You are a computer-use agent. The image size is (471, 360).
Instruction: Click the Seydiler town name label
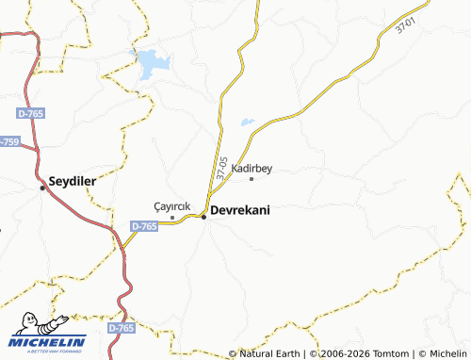pos(73,179)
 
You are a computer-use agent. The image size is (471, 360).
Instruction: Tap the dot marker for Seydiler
pos(42,188)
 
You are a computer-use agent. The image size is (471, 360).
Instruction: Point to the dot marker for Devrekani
pos(203,218)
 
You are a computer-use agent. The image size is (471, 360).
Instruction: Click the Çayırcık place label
pos(172,206)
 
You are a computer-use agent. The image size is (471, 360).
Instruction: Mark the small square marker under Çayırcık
pos(172,218)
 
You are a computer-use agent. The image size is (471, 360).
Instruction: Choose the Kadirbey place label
pos(252,168)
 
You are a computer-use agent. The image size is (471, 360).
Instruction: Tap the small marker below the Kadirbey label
pos(252,178)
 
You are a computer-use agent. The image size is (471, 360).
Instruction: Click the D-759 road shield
pos(8,141)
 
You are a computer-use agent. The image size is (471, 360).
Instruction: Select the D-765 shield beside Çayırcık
pos(144,226)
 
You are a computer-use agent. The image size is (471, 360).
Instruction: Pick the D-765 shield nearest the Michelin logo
pos(121,327)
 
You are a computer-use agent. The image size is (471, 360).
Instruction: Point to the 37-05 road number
pos(222,169)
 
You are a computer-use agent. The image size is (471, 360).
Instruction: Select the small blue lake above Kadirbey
pos(247,122)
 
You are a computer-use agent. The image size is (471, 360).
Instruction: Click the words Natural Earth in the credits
pos(270,353)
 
